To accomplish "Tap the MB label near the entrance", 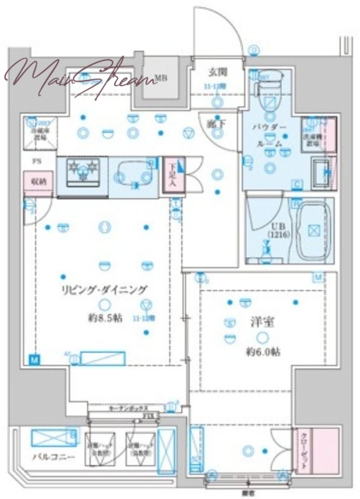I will click(x=160, y=78).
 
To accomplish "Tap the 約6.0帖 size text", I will click(x=263, y=352).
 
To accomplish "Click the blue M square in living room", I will click(x=33, y=359).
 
